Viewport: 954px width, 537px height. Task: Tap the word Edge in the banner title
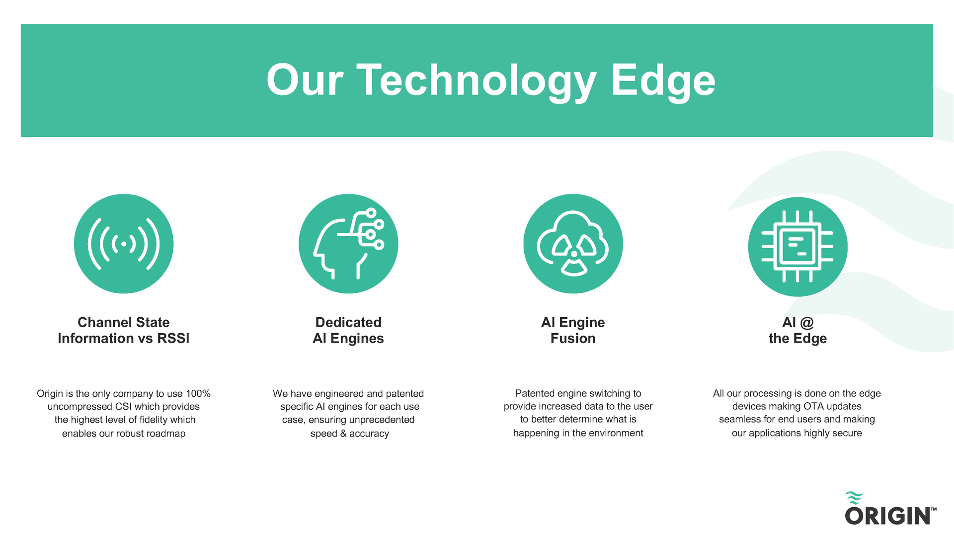(663, 81)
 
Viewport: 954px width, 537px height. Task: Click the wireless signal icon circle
(124, 244)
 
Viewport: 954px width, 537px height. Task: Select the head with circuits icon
(348, 244)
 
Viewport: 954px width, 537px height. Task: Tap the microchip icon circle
(797, 247)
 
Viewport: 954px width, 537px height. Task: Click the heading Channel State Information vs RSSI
(124, 330)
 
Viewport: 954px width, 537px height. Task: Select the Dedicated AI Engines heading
(348, 330)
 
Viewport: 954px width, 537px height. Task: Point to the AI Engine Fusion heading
(573, 330)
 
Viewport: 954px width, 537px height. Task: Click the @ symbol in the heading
(807, 323)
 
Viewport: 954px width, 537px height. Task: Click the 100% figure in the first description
(198, 393)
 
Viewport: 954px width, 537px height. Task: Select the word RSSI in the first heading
(173, 338)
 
